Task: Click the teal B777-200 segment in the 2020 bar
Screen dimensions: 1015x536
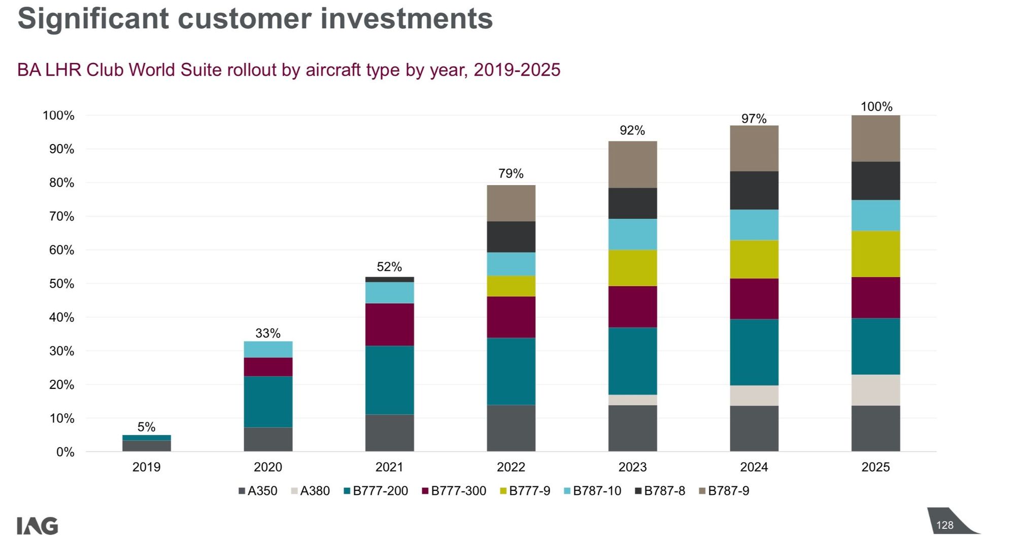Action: click(x=268, y=402)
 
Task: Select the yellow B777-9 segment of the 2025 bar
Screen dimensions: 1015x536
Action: click(x=875, y=254)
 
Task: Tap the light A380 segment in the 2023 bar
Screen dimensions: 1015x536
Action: click(x=632, y=400)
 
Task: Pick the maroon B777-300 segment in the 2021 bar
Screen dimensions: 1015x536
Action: click(x=389, y=325)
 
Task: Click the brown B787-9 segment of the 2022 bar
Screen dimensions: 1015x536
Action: click(x=511, y=203)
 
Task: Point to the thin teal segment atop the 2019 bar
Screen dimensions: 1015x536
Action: click(x=147, y=438)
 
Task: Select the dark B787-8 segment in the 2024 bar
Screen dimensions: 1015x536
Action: click(x=754, y=191)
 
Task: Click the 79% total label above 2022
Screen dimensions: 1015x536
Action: click(x=511, y=173)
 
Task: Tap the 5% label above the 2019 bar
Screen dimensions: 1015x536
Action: click(x=147, y=427)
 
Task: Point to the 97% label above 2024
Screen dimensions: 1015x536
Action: click(x=754, y=119)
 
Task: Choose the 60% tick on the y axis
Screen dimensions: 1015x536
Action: click(x=61, y=250)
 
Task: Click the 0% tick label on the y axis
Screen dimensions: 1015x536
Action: click(x=65, y=452)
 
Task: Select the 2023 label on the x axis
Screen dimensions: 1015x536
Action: click(x=632, y=467)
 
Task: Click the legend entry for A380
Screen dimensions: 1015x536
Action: click(x=310, y=491)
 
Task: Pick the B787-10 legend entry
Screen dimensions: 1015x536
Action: click(x=593, y=491)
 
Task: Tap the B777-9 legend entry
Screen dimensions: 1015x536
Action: click(x=525, y=491)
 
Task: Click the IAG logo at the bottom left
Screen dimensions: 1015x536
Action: click(x=38, y=526)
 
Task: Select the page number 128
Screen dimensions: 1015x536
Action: click(x=945, y=525)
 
